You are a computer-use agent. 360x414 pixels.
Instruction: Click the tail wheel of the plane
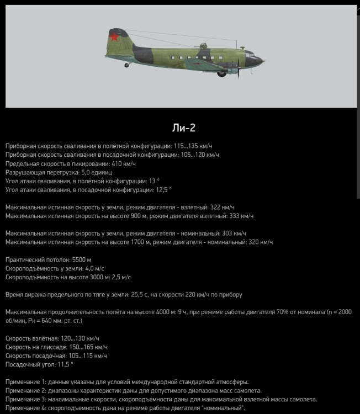tap(127, 65)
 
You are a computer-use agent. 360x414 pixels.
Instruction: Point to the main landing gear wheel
tap(222, 72)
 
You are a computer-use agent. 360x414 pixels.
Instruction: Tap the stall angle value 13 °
tap(153, 181)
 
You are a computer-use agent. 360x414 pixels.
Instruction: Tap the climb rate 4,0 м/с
tap(89, 268)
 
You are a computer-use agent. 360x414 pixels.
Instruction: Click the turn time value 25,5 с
tap(139, 295)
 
